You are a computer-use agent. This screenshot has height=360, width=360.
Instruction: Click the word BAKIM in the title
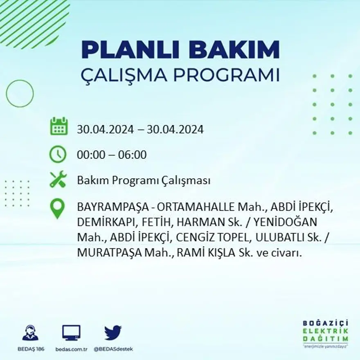point(232,49)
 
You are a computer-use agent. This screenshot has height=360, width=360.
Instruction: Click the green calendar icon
point(59,126)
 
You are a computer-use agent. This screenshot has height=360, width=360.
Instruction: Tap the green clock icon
point(58,154)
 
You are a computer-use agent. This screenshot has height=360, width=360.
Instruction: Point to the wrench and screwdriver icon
point(58,180)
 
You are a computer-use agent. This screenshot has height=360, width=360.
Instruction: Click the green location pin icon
point(57,208)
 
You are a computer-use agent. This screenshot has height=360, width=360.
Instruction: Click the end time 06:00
point(133,155)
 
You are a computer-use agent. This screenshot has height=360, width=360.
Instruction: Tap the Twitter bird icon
point(112,333)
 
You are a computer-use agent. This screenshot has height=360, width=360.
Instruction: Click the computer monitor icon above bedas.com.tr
point(71,333)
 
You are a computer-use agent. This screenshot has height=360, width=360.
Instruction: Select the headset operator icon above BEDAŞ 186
point(30,333)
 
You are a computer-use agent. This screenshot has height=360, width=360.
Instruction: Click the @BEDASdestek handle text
point(113,349)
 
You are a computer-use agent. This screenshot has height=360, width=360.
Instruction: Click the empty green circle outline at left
point(20,93)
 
